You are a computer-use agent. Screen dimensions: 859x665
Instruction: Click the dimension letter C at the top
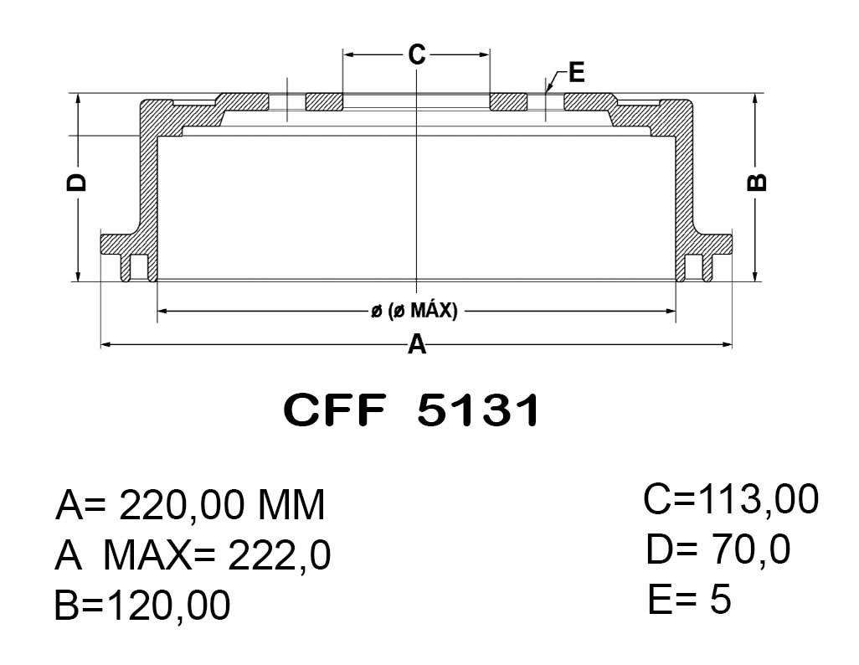(x=417, y=54)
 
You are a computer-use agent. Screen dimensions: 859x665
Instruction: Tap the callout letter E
(x=577, y=72)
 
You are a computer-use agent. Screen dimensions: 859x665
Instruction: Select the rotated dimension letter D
(x=76, y=183)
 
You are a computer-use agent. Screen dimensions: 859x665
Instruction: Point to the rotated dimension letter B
(x=757, y=183)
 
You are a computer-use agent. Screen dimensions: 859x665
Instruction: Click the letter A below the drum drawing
(x=417, y=345)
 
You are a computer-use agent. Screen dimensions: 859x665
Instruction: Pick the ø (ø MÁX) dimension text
(x=414, y=311)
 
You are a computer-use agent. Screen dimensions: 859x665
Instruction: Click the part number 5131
(x=479, y=410)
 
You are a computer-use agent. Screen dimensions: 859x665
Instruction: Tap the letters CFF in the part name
(x=334, y=410)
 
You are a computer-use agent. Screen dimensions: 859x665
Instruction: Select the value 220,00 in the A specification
(x=182, y=506)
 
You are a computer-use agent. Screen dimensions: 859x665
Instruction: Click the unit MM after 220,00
(x=291, y=504)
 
